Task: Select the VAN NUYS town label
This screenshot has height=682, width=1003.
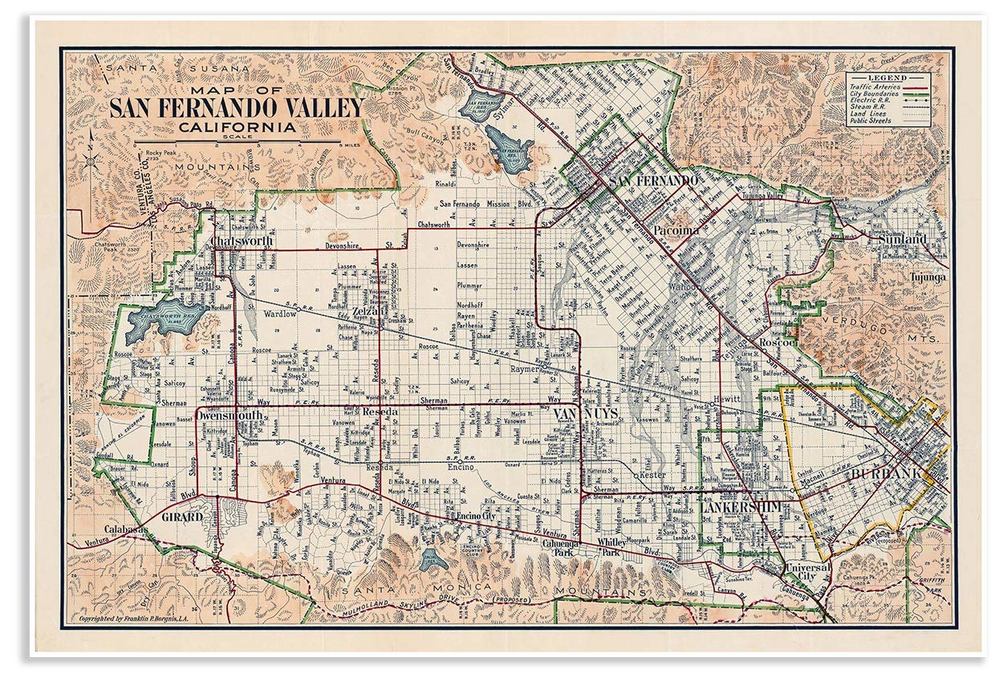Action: click(585, 413)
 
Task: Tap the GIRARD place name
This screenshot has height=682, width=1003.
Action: click(181, 518)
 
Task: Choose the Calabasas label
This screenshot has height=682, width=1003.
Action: click(125, 530)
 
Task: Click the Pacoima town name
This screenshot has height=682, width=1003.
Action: click(676, 230)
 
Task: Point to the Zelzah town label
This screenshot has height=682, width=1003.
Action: click(364, 311)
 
